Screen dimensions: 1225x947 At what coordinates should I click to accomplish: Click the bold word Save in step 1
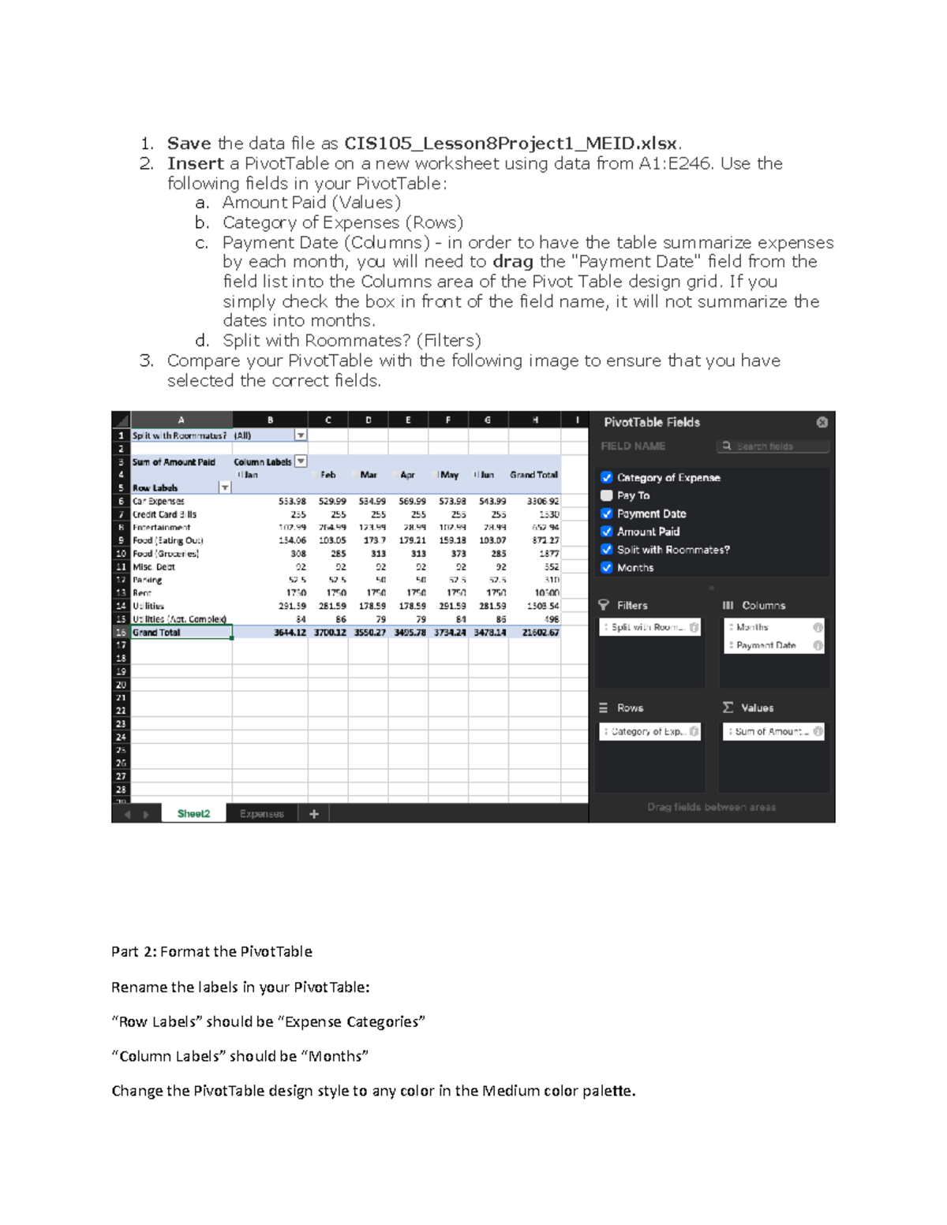[189, 144]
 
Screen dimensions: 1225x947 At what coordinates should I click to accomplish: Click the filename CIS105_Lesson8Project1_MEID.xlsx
[511, 144]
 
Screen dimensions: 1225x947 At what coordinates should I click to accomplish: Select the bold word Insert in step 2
[195, 163]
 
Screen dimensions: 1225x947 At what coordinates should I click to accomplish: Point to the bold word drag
[512, 262]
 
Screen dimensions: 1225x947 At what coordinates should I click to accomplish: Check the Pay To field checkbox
[606, 495]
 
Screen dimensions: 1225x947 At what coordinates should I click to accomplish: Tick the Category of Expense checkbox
[606, 477]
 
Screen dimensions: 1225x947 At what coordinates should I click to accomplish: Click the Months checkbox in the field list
[606, 567]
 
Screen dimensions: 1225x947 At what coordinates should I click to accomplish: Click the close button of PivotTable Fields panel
[822, 422]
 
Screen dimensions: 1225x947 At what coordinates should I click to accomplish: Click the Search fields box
[773, 446]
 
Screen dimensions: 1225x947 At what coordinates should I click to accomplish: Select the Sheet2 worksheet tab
[193, 813]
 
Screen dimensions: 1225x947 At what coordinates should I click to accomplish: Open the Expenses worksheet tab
[261, 813]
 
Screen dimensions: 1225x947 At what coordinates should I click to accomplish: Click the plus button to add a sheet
[314, 813]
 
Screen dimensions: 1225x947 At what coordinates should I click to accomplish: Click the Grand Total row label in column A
[156, 633]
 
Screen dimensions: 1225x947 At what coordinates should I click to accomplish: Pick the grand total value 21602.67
[541, 633]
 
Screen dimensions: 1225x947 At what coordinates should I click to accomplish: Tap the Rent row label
[142, 592]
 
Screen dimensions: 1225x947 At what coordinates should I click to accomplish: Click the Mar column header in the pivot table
[369, 475]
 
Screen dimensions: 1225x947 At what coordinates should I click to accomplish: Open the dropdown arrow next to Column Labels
[301, 461]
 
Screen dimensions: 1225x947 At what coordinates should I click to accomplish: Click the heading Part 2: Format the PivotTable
[211, 951]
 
